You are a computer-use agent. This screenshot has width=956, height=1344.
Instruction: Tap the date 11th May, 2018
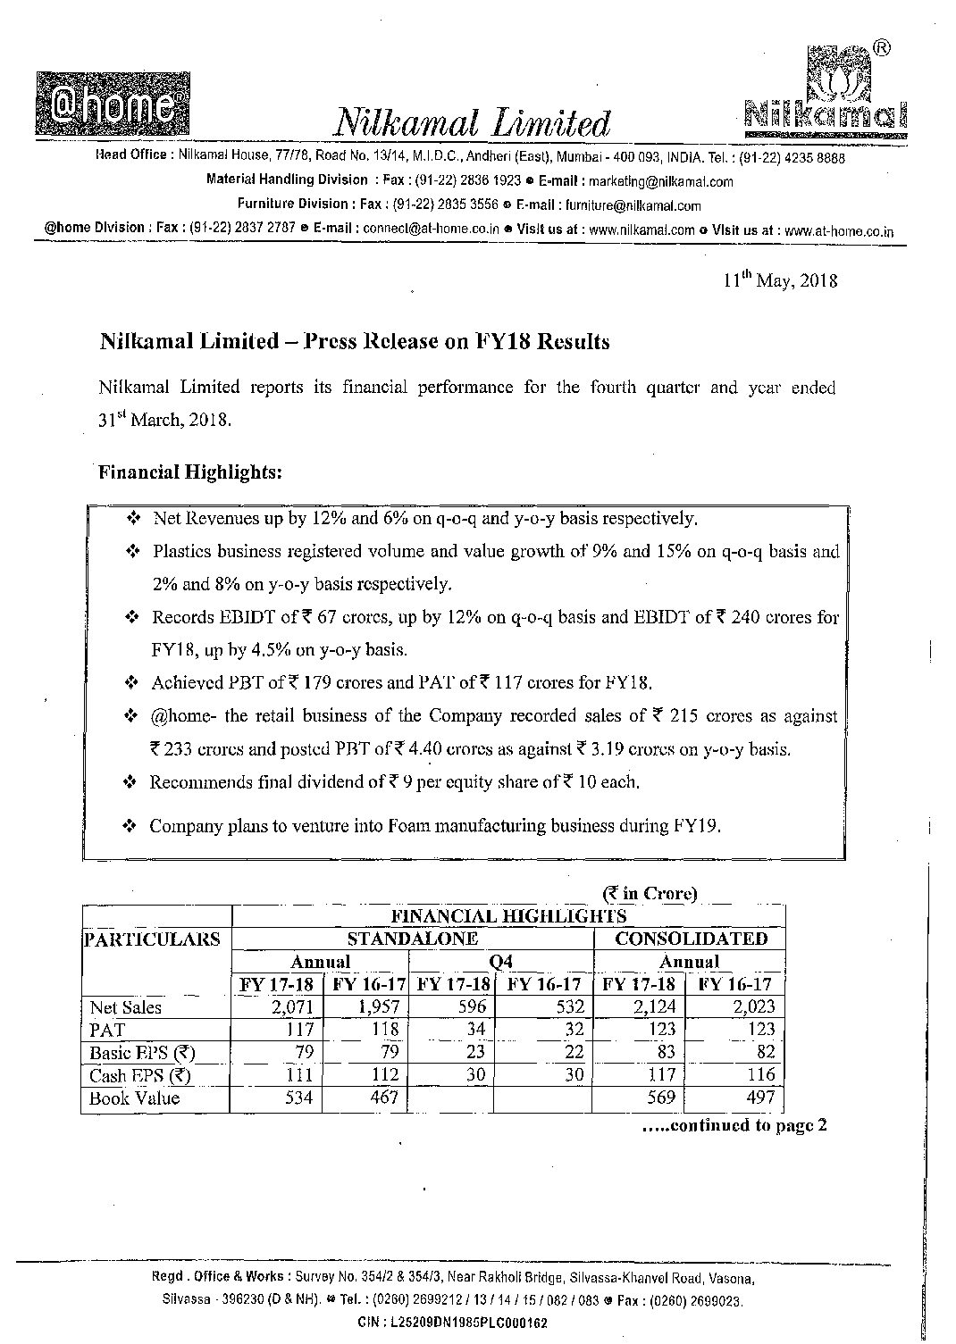tap(780, 280)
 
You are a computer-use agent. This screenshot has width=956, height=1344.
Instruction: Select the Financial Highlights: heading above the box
tap(190, 472)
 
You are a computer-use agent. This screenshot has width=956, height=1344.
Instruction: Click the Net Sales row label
tap(126, 1007)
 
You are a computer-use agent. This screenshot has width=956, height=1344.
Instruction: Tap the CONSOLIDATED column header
tap(691, 939)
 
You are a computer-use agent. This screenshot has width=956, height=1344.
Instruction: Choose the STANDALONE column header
tap(412, 939)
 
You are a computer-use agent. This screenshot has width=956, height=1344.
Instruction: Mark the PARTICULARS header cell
tap(152, 939)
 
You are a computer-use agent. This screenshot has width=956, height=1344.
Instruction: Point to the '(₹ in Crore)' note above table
tap(650, 893)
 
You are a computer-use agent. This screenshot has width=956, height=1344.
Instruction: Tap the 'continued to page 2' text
tap(733, 1125)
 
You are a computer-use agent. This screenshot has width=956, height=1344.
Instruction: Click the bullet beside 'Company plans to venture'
tap(130, 826)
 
